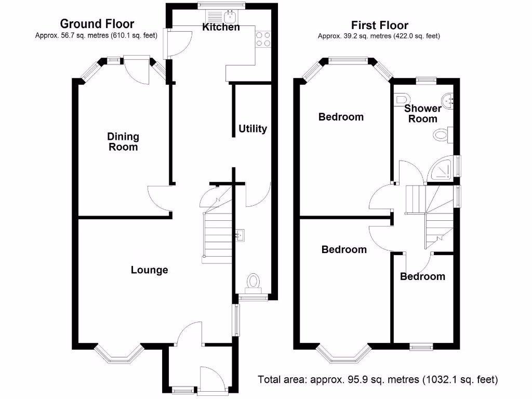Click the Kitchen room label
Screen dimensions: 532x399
pyautogui.click(x=221, y=27)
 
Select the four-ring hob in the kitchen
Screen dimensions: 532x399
pyautogui.click(x=263, y=39)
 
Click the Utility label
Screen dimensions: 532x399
pyautogui.click(x=252, y=129)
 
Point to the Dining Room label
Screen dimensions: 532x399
pyautogui.click(x=123, y=141)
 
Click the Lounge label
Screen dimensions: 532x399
pyautogui.click(x=149, y=270)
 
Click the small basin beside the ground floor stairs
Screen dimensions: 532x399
pyautogui.click(x=240, y=235)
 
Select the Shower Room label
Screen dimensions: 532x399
pyautogui.click(x=423, y=113)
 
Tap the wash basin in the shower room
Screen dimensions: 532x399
pyautogui.click(x=448, y=101)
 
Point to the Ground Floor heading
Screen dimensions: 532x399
pyautogui.click(x=97, y=24)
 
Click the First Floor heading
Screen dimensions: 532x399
pyautogui.click(x=379, y=25)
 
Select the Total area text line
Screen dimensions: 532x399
pyautogui.click(x=378, y=379)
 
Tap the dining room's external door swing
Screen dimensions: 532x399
pyautogui.click(x=137, y=70)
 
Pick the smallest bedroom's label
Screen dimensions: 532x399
pyautogui.click(x=422, y=276)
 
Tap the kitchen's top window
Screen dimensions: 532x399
pyautogui.click(x=221, y=5)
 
